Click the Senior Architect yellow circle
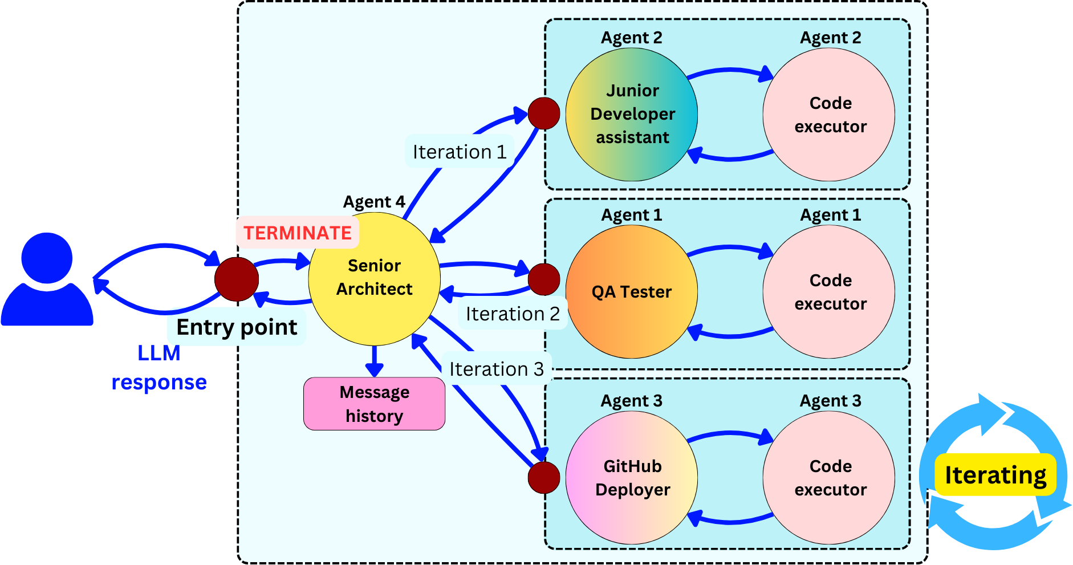374,279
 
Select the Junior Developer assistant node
632,115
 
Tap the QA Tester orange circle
632,292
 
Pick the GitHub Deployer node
632,478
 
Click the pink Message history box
374,404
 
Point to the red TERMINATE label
298,233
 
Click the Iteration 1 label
460,152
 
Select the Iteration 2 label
513,314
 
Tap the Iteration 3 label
496,369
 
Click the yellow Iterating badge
995,475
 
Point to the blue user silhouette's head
47,258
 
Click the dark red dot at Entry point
237,279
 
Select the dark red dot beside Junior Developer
544,113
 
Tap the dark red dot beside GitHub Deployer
544,477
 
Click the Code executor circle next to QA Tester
830,292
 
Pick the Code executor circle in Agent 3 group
830,478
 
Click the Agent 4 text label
374,202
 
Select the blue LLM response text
159,368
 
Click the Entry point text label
237,327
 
